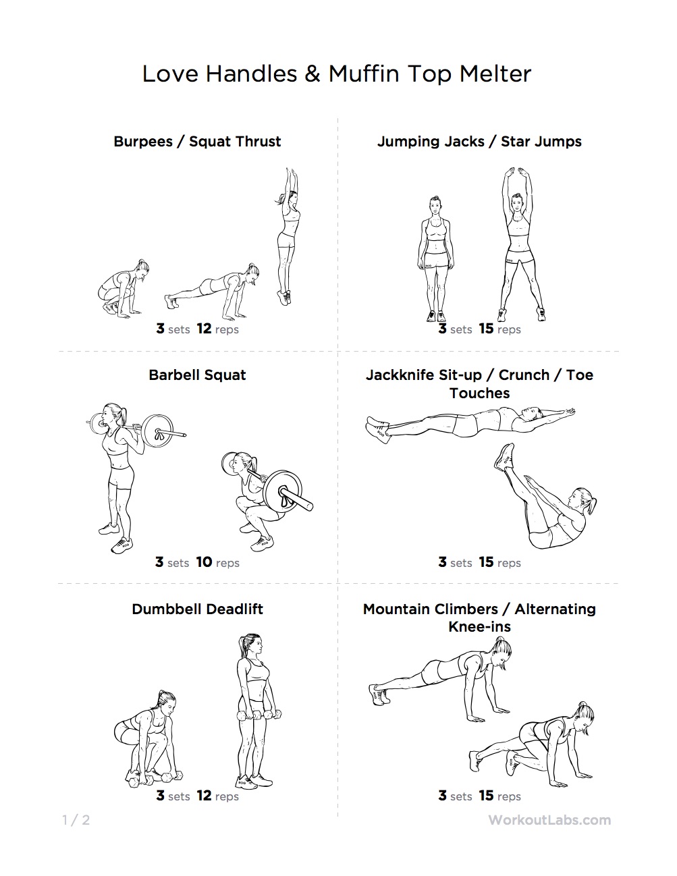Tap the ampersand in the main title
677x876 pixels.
(313, 74)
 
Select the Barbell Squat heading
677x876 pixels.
(197, 375)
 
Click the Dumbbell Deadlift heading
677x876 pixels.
(197, 609)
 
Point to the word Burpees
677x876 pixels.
(142, 142)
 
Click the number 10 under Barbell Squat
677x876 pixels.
(204, 562)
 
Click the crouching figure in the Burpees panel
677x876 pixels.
(123, 287)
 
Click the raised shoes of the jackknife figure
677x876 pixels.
(504, 458)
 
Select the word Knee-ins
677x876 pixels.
(479, 626)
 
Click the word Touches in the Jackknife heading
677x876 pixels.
(479, 393)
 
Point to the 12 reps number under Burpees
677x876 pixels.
(204, 329)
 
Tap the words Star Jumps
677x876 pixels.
(541, 142)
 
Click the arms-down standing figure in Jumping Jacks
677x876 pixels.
(435, 258)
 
